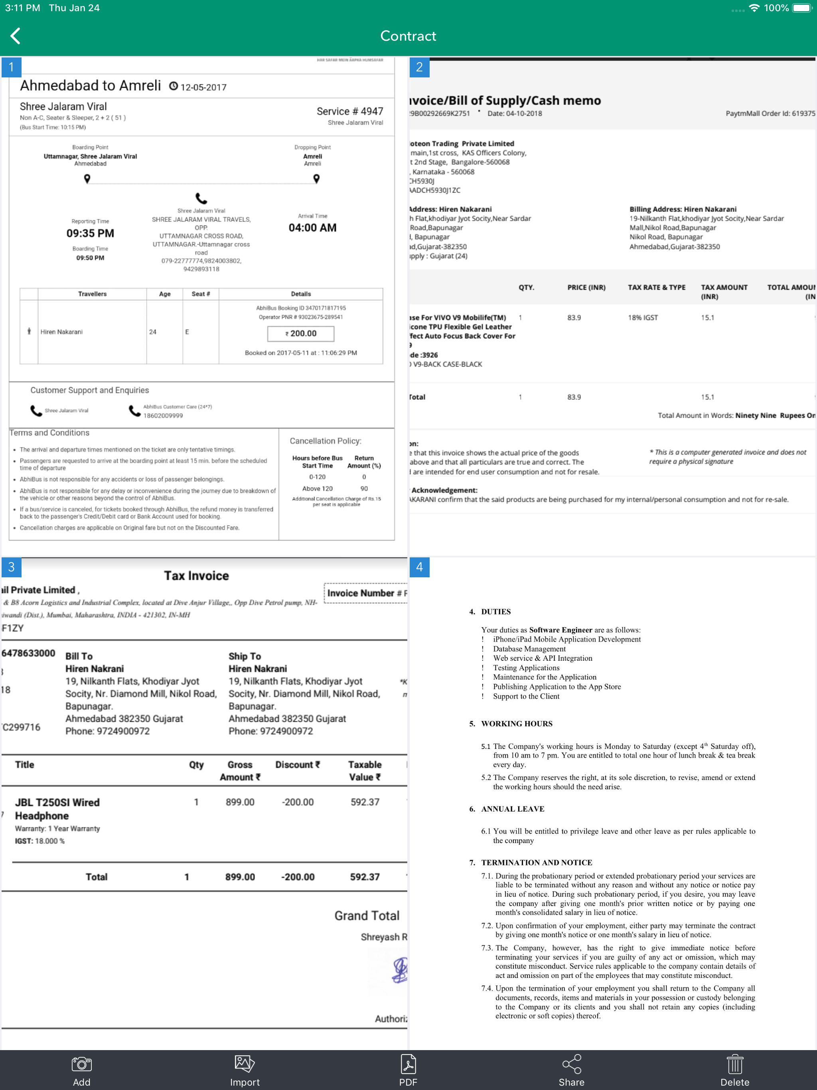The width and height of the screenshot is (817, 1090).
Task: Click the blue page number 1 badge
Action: pos(11,67)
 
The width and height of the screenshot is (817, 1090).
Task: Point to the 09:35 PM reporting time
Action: pos(90,233)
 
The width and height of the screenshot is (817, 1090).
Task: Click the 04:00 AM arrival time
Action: pos(312,228)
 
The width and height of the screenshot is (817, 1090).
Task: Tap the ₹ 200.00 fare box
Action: pos(300,334)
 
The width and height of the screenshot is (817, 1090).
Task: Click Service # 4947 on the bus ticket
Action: pos(349,111)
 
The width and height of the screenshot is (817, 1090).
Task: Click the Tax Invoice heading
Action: pos(196,576)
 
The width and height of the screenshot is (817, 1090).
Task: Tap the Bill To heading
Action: pos(79,656)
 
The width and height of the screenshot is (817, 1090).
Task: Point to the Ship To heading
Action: pos(245,656)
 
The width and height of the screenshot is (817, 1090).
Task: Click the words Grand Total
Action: pos(367,916)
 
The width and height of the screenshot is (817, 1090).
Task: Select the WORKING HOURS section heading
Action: pos(517,723)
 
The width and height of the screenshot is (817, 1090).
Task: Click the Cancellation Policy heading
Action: pos(325,441)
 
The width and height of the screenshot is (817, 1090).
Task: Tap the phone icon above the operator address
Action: pos(201,198)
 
